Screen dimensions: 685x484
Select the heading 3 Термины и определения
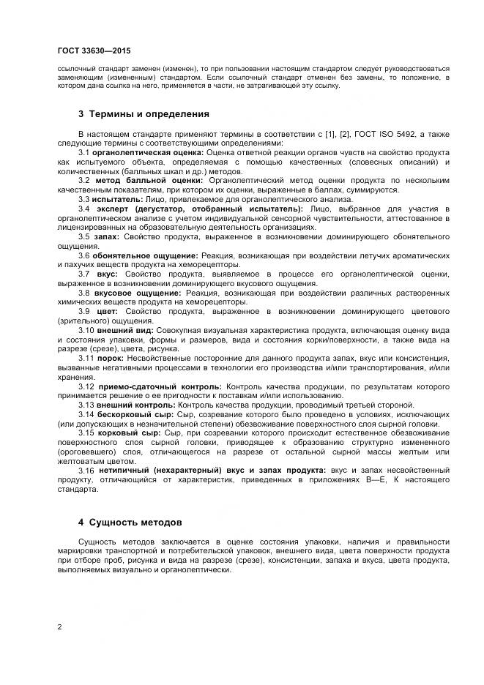click(144, 114)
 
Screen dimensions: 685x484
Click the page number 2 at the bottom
click(59, 626)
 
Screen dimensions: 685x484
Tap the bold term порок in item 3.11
click(112, 357)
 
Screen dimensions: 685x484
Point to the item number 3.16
click(87, 470)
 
